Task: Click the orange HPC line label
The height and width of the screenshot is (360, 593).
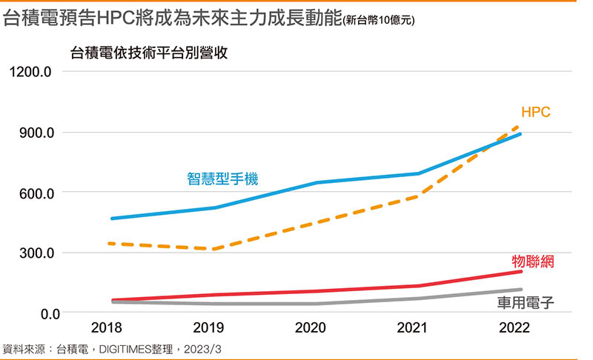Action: (x=535, y=113)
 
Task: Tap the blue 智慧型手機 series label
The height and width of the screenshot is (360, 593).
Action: (x=222, y=179)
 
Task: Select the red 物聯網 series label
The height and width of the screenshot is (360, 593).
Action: (x=534, y=261)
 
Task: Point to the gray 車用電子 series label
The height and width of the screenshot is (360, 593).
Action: (x=526, y=302)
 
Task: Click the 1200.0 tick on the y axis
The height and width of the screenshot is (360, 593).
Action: (x=30, y=73)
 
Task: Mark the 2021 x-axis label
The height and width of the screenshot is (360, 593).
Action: (x=418, y=328)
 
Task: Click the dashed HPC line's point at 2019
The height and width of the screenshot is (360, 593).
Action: (x=213, y=249)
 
